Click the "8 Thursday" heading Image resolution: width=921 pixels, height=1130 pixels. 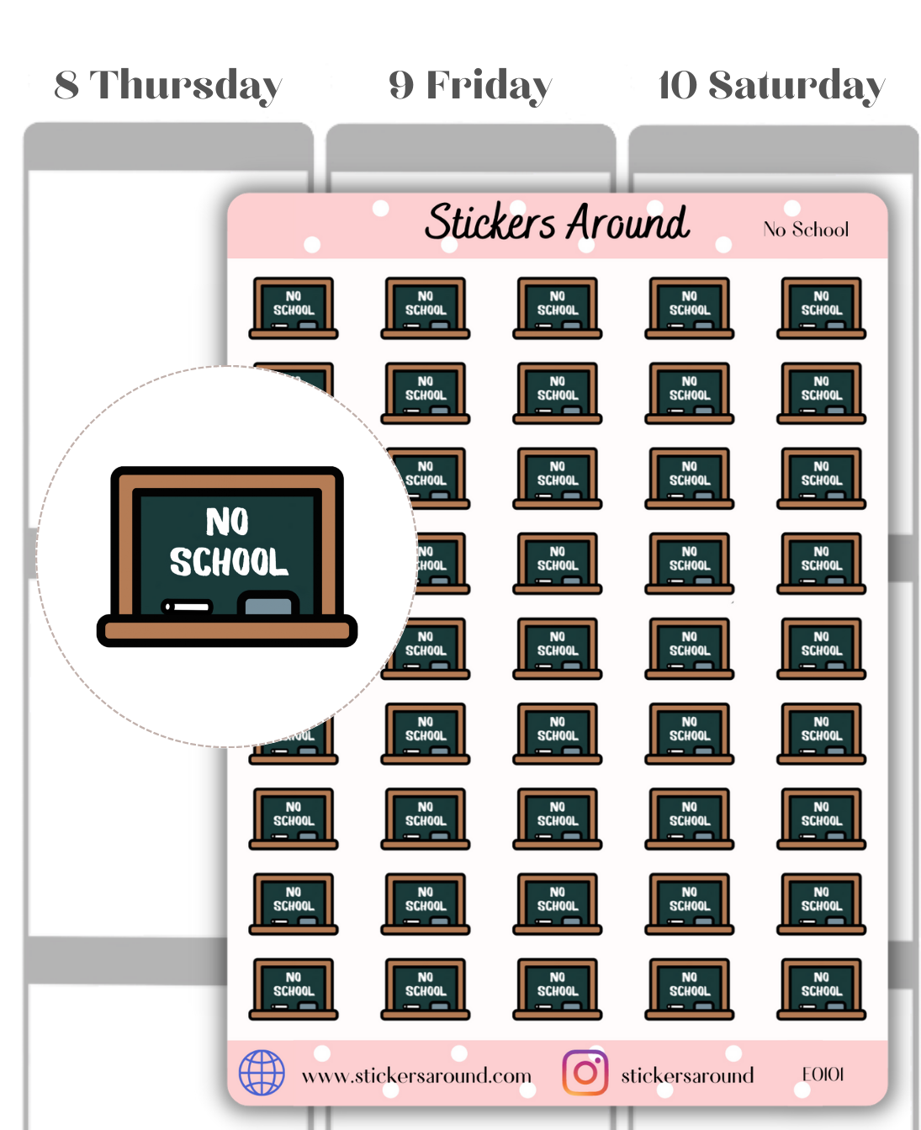pyautogui.click(x=167, y=86)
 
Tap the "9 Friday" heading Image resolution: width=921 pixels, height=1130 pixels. pyautogui.click(x=469, y=86)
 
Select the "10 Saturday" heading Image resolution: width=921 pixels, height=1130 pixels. pyautogui.click(x=771, y=86)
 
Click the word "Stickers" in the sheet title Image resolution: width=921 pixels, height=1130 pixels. pyautogui.click(x=490, y=223)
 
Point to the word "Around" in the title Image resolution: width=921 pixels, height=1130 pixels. pyautogui.click(x=627, y=223)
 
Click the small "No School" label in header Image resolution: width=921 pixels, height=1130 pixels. pyautogui.click(x=805, y=230)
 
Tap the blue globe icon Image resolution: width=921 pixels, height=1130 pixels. pyautogui.click(x=262, y=1073)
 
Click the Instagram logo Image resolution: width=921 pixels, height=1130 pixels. pyautogui.click(x=585, y=1073)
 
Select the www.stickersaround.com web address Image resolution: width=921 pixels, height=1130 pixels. pyautogui.click(x=416, y=1076)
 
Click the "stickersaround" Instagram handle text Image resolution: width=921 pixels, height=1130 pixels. pyautogui.click(x=687, y=1076)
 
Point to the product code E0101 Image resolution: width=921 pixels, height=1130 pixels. pyautogui.click(x=823, y=1074)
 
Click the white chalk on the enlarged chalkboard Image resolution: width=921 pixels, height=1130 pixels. pyautogui.click(x=187, y=607)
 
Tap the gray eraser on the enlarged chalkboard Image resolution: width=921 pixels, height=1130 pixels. pyautogui.click(x=268, y=604)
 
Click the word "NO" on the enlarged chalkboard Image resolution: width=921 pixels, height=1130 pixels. pyautogui.click(x=227, y=523)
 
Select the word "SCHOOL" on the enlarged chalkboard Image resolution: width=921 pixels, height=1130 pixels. pyautogui.click(x=229, y=562)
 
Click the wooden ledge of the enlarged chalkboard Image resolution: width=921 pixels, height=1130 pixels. pyautogui.click(x=227, y=630)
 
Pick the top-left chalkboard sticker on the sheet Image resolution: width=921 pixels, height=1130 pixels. pyautogui.click(x=294, y=308)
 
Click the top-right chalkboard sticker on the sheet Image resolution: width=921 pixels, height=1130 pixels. pyautogui.click(x=822, y=308)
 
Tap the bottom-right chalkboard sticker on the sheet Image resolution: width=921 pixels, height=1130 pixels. pyautogui.click(x=822, y=989)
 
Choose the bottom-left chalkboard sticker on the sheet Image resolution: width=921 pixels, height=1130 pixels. pyautogui.click(x=294, y=989)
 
